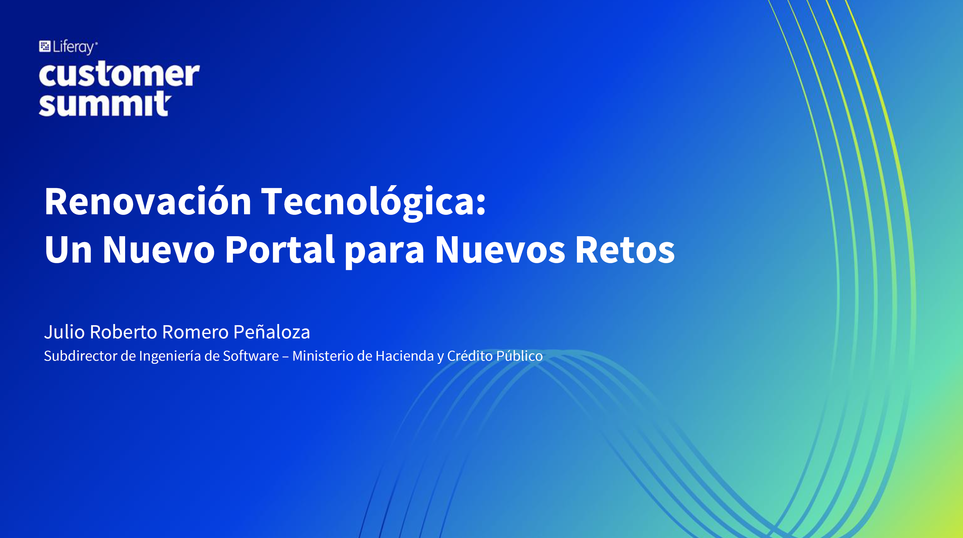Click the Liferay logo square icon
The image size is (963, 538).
tap(45, 46)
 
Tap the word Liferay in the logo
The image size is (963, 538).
tap(73, 47)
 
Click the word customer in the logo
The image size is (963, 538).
tap(119, 74)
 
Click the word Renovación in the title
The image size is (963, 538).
tap(148, 201)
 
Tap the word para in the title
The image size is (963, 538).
tap(384, 253)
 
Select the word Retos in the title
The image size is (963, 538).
tap(625, 250)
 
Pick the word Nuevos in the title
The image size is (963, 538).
tap(500, 250)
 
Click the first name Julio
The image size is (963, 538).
tap(64, 332)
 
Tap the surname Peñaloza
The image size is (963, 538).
tap(272, 331)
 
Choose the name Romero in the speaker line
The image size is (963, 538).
tap(195, 332)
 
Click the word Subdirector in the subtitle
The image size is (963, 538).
tap(80, 356)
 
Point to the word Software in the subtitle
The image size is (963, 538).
tap(251, 356)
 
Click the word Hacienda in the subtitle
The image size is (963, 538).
tap(405, 356)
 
